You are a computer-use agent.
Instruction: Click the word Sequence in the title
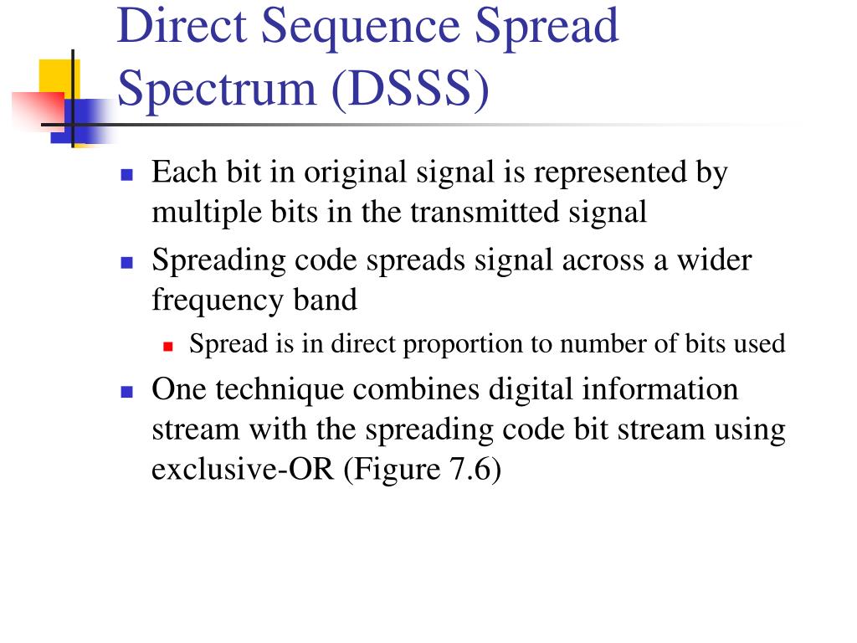pos(361,26)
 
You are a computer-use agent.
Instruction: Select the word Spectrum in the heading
pos(218,90)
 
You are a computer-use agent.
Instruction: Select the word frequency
pos(214,299)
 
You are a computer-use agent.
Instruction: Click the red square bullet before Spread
pos(167,345)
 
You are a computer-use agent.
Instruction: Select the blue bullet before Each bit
pos(127,175)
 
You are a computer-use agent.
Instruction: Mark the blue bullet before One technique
pos(127,392)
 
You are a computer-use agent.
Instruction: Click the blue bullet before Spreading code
pos(127,262)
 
